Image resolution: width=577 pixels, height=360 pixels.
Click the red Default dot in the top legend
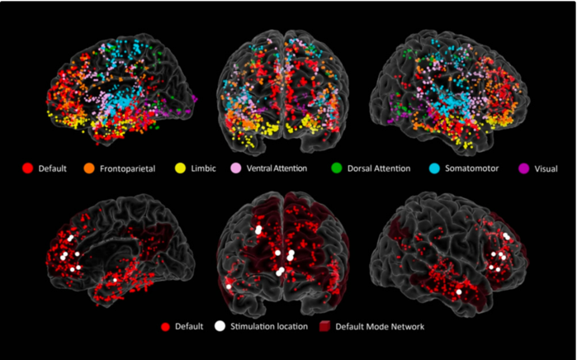tap(28, 168)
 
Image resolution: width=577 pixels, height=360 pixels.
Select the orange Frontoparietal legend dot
tap(89, 168)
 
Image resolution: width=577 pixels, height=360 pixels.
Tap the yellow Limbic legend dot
tap(180, 168)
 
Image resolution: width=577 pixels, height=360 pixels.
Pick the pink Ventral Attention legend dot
tap(236, 168)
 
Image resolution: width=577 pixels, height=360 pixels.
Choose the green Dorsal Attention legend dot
tap(337, 168)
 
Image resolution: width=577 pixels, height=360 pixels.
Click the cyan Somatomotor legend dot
tap(434, 168)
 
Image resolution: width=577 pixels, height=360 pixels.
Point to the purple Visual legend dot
tap(523, 168)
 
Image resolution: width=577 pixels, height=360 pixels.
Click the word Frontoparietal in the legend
tap(128, 169)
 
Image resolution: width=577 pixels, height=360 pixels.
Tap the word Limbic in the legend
tap(204, 168)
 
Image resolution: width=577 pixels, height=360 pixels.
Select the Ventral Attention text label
tap(277, 168)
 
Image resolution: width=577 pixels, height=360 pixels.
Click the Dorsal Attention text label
tap(379, 168)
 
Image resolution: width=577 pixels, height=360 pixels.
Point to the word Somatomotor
tap(472, 168)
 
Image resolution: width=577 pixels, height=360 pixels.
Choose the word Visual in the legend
tap(546, 169)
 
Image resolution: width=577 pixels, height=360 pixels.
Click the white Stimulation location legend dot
tap(220, 326)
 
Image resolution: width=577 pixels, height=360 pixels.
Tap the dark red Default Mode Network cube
tap(324, 326)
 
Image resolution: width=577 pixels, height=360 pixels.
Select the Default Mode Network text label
tap(380, 326)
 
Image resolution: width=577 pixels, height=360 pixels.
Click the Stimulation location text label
tap(269, 326)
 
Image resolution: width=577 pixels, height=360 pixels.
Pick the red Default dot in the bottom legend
tap(166, 326)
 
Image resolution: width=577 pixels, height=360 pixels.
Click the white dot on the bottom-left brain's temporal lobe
tap(116, 280)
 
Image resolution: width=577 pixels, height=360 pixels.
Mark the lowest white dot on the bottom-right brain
tap(459, 292)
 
